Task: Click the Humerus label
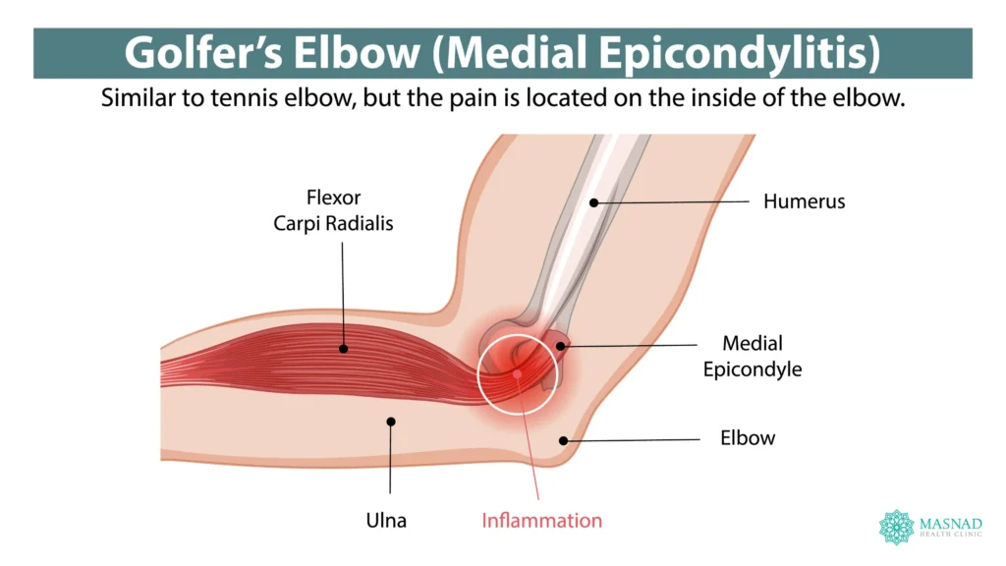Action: tap(804, 202)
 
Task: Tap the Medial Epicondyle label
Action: tap(753, 356)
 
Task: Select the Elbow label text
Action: tap(748, 438)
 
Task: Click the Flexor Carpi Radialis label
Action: tap(334, 211)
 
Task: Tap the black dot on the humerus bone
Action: tap(594, 202)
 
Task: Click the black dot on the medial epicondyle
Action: tap(562, 345)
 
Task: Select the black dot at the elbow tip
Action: tap(564, 440)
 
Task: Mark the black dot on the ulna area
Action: tap(391, 422)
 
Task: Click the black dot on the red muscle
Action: tap(343, 348)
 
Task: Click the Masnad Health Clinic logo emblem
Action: tap(896, 527)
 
